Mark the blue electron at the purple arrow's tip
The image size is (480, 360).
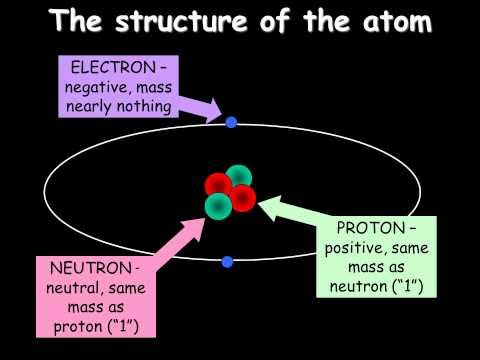pyautogui.click(x=231, y=123)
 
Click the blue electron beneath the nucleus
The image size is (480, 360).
pyautogui.click(x=227, y=262)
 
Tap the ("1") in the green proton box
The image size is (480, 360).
pyautogui.click(x=401, y=287)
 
